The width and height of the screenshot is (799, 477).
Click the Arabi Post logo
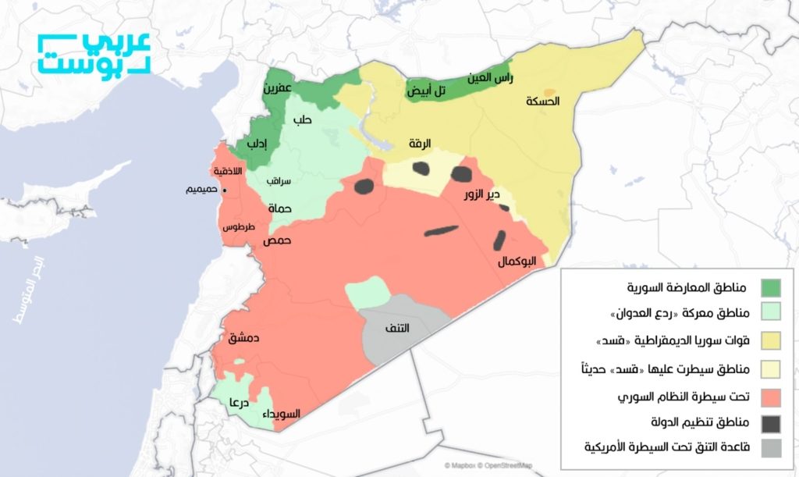[94, 54]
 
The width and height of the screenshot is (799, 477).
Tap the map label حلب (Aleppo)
[302, 120]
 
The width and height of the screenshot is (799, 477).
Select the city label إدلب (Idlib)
[258, 144]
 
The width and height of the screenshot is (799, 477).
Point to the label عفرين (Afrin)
[277, 89]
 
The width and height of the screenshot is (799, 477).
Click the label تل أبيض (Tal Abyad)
[427, 91]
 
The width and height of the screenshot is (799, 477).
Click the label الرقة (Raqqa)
[419, 144]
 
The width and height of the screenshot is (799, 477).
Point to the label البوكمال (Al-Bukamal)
[517, 262]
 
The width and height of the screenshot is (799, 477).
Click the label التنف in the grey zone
[396, 328]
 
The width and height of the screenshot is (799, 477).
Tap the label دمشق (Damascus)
[243, 338]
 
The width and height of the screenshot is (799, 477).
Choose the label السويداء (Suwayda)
[280, 413]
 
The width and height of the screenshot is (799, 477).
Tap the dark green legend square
[771, 287]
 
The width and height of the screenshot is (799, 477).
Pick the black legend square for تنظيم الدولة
[771, 423]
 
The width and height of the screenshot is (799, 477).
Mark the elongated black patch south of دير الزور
[442, 230]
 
